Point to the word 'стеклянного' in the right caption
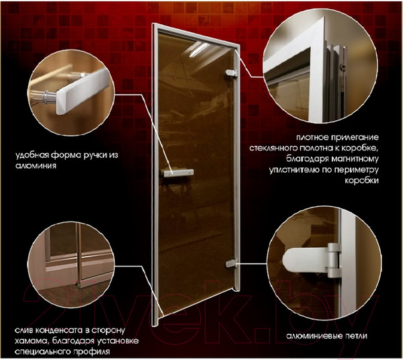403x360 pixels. point(292,146)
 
